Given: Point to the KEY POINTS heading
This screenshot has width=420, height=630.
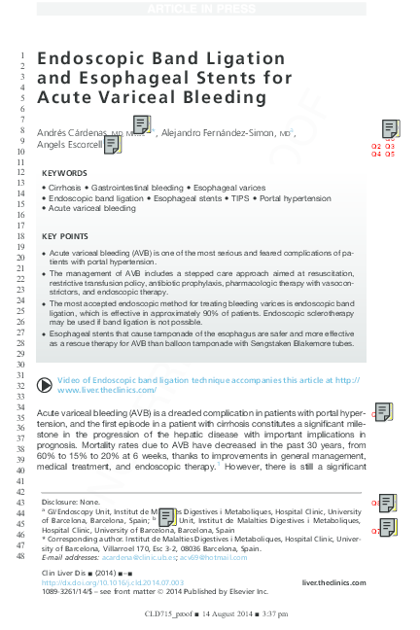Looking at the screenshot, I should click(65, 236).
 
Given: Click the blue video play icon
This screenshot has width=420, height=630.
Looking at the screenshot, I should click(46, 381).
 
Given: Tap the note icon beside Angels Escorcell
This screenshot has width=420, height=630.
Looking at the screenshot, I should click(111, 145).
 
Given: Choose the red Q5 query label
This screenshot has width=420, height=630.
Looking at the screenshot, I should click(390, 155).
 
